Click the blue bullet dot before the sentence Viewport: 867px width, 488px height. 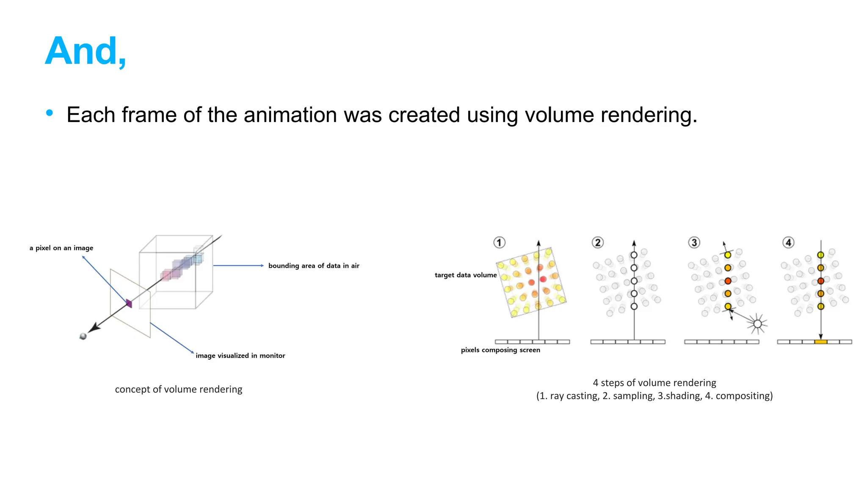pos(50,113)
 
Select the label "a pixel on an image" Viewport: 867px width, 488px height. pos(61,248)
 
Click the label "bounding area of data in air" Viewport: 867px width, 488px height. pos(314,266)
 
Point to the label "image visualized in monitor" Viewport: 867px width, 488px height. pos(240,355)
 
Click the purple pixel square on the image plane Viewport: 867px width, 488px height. pos(129,303)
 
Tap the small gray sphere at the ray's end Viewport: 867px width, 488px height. pos(83,336)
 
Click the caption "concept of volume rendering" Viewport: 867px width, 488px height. pos(178,389)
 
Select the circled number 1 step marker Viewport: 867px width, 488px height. pos(499,242)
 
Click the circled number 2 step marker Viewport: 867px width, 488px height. pos(597,242)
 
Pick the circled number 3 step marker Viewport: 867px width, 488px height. pos(694,242)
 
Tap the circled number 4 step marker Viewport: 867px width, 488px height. pos(788,242)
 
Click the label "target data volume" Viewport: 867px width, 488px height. pos(466,275)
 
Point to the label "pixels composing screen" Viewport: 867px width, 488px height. pos(500,350)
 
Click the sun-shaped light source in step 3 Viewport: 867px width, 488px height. pos(757,324)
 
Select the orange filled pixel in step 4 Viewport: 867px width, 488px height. pos(820,341)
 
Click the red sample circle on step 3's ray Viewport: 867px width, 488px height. pos(728,281)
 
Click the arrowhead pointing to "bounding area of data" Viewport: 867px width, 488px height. pos(262,266)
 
